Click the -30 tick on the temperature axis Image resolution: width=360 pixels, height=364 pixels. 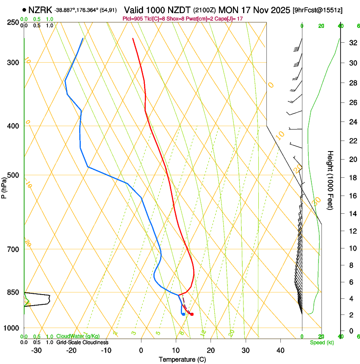[36, 350]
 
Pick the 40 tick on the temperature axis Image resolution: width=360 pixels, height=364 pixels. [280, 350]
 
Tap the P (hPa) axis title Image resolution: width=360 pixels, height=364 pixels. [4, 188]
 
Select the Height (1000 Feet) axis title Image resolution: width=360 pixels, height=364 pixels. [330, 180]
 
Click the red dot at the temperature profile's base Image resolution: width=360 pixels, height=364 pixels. [192, 314]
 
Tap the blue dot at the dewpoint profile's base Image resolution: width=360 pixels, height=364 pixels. [183, 314]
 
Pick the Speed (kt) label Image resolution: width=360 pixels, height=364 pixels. [321, 342]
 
